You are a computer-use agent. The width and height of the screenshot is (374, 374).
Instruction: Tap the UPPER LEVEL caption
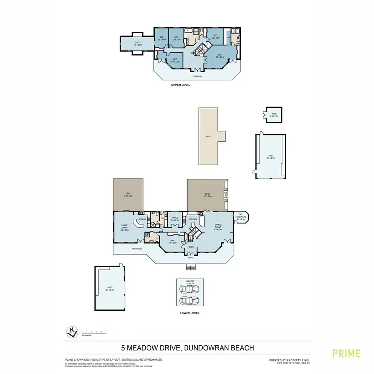point(181,85)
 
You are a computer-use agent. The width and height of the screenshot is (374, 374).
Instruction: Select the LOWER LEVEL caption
point(189,313)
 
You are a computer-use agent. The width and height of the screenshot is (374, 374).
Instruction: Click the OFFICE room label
point(175,218)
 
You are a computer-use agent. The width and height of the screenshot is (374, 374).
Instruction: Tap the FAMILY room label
point(172,241)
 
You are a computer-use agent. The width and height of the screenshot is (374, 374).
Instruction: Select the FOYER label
point(190,247)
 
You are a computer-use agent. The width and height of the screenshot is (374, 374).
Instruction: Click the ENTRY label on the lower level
point(190,258)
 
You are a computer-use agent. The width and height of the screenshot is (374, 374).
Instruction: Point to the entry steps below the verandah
point(190,267)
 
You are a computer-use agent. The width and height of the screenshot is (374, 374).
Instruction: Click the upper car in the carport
point(189,291)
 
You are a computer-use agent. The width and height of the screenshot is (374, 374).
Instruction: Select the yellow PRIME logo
point(346,353)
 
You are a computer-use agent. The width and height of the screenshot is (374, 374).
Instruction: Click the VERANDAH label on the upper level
point(198,76)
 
